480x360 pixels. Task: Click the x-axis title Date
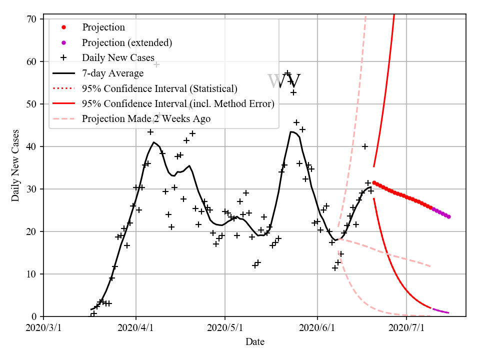tap(255, 342)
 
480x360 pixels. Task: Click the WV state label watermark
tap(284, 81)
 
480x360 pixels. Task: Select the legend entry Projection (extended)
tap(127, 42)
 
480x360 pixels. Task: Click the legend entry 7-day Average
tap(113, 73)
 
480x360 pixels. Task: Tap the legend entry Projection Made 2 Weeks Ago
tap(146, 118)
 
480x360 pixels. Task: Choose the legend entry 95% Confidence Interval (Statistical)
tap(159, 88)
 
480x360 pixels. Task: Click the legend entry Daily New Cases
tap(118, 57)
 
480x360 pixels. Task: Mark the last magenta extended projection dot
tap(448, 216)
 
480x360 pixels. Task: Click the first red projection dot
tap(374, 182)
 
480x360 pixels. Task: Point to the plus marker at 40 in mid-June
tap(365, 146)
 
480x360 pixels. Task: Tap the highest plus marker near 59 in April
tap(156, 64)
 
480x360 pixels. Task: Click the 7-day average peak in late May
tap(292, 132)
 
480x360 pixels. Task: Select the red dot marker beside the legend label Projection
tap(63, 27)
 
